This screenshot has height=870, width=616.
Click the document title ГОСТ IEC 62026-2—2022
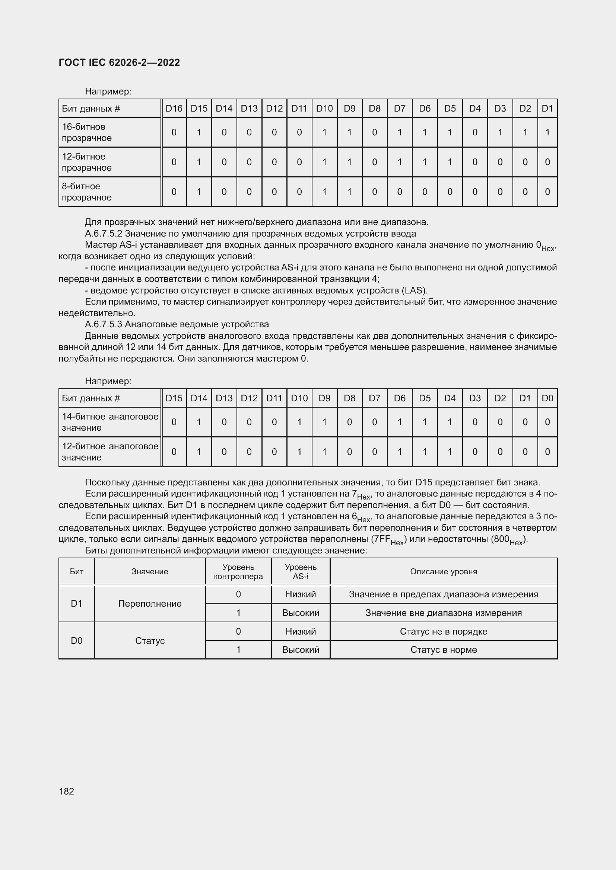click(x=119, y=62)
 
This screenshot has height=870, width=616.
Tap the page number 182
click(x=66, y=791)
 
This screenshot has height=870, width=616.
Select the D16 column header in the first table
click(x=174, y=108)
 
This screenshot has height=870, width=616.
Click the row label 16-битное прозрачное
click(x=86, y=132)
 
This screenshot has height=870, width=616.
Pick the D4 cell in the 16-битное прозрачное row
click(x=474, y=132)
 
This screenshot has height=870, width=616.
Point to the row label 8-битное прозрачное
click(x=86, y=192)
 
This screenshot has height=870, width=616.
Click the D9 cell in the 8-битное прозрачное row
click(x=349, y=192)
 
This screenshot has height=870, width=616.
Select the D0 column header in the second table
click(x=547, y=398)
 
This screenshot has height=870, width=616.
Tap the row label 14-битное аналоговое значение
click(x=109, y=422)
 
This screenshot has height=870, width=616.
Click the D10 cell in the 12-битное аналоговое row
click(x=299, y=452)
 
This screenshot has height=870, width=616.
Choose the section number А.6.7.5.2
click(x=104, y=234)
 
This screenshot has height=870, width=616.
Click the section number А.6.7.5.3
click(x=104, y=324)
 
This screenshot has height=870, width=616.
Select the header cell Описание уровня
click(x=444, y=571)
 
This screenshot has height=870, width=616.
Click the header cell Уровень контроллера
click(x=238, y=572)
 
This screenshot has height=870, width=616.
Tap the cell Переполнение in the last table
click(x=150, y=604)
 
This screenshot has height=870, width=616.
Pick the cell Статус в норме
click(x=444, y=650)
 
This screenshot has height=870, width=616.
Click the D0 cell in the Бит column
click(x=77, y=641)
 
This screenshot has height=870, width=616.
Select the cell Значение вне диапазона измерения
click(x=444, y=613)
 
